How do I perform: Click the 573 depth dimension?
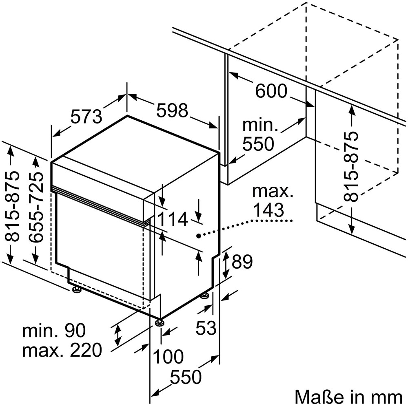[x=86, y=117]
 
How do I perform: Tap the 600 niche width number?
[x=271, y=91]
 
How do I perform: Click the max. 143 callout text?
[x=272, y=200]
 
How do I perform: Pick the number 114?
[x=173, y=219]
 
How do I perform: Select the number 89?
[x=242, y=262]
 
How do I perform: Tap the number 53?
[x=206, y=327]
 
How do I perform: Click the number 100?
[x=168, y=357]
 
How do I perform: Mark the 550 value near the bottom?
[x=186, y=377]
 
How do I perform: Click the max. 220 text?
[x=62, y=350]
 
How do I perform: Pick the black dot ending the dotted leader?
[x=198, y=235]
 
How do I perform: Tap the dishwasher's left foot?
[x=76, y=289]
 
